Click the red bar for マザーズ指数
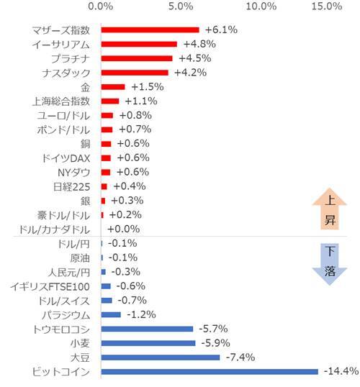(150, 30)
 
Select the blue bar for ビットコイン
(209, 371)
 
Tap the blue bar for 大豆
(160, 357)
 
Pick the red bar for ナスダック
(135, 73)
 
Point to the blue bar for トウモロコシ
(147, 329)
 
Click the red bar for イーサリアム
(139, 44)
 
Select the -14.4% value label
(341, 371)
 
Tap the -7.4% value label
(242, 357)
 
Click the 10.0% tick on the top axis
(261, 7)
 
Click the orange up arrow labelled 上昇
(329, 214)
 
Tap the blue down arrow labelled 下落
(329, 263)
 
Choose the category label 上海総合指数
(62, 101)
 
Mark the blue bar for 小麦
(148, 342)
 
